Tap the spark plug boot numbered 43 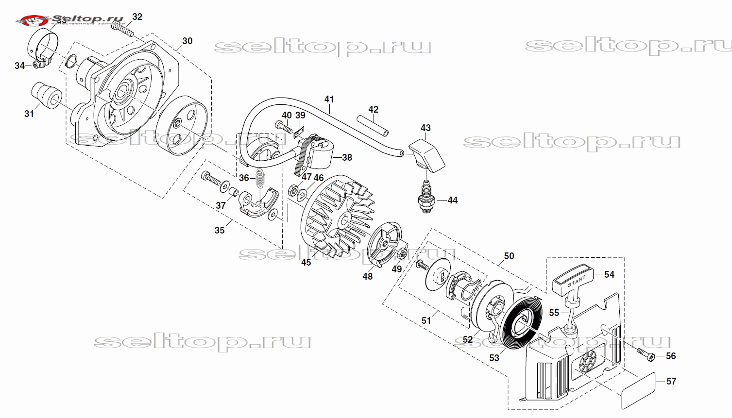tap(428, 153)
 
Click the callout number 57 tap(671, 381)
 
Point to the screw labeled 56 tap(647, 354)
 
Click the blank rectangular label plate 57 tap(638, 390)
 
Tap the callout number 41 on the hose tap(329, 99)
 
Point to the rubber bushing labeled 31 tap(46, 94)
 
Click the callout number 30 tap(187, 41)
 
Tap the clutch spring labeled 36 tap(261, 180)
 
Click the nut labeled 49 tap(402, 253)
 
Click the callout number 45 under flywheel tap(306, 262)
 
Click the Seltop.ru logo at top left tap(73, 20)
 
